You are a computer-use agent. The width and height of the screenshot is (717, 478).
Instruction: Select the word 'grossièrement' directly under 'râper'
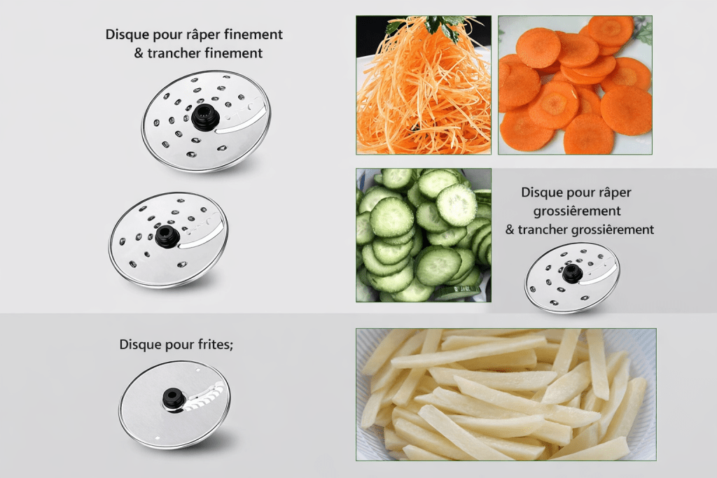[x=577, y=211]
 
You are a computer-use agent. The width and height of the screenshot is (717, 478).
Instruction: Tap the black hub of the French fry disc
[x=174, y=400]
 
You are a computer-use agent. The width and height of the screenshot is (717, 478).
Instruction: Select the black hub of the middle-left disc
[x=167, y=237]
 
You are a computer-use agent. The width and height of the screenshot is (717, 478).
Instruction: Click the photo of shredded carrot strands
[x=424, y=85]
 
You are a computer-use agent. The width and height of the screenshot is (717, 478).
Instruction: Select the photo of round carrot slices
[x=576, y=85]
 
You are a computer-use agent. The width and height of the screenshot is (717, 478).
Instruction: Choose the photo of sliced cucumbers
[x=424, y=235]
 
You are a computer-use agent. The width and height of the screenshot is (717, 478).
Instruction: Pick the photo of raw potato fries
[x=506, y=395]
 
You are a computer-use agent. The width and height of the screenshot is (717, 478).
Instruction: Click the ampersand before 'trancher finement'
[x=139, y=53]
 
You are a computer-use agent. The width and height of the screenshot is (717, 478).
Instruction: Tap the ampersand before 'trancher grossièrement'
[x=510, y=230]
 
